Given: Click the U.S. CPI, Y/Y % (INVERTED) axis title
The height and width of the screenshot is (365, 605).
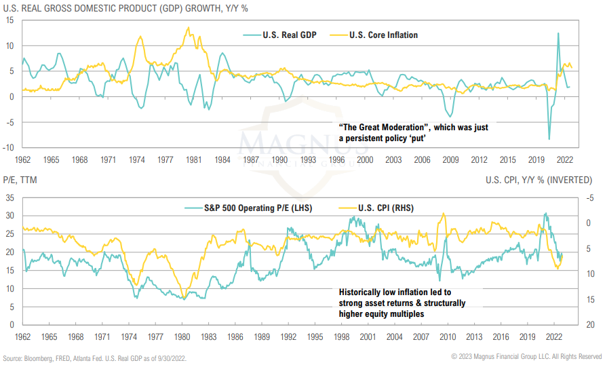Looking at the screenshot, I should pos(543,180).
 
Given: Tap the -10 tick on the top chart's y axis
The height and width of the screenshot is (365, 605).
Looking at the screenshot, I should pos(10,147).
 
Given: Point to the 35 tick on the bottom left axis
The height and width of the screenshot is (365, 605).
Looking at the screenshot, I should pos(10,197).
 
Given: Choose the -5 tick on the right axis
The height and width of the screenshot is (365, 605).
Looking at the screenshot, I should pos(591,197).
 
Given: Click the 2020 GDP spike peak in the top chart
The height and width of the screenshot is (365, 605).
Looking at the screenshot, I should pos(558,33).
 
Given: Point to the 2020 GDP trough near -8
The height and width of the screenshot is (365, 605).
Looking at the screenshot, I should pos(549,138).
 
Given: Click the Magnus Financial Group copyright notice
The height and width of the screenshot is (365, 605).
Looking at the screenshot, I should pos(526,357).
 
